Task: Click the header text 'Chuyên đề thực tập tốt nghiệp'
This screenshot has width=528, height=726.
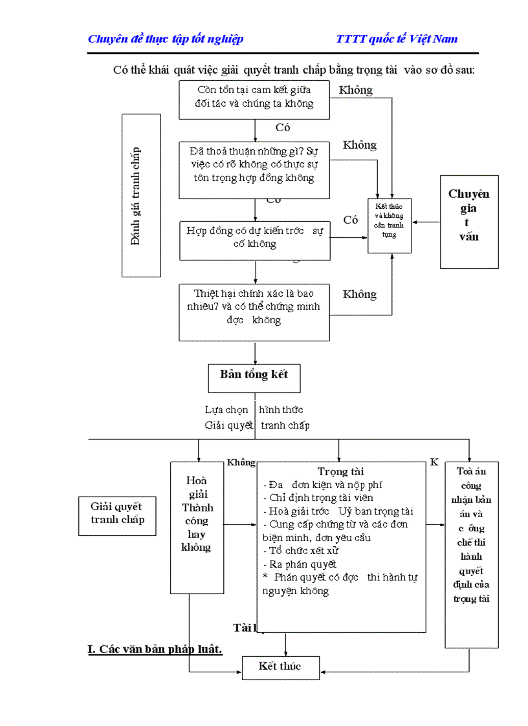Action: click(x=166, y=39)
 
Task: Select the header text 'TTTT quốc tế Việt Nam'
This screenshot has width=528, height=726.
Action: click(x=397, y=39)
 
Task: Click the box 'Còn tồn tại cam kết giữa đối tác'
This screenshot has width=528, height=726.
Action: click(x=254, y=99)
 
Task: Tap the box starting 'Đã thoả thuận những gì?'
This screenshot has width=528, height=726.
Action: click(x=254, y=169)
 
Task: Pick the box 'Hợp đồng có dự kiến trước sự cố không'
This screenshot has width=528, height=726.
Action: click(x=254, y=239)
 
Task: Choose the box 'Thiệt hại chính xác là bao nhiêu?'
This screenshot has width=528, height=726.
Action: click(x=254, y=312)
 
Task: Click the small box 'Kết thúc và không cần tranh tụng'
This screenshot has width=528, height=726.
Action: click(x=389, y=224)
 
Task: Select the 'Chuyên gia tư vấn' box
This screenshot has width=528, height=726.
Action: click(x=469, y=221)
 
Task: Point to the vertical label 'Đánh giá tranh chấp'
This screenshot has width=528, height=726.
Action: click(x=141, y=196)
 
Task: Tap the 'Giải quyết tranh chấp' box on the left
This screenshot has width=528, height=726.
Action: click(x=117, y=515)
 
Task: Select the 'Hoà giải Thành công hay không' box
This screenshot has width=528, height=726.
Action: click(x=197, y=527)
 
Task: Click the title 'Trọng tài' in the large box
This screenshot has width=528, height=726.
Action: click(x=341, y=472)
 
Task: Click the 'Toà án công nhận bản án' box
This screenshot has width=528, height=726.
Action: click(x=471, y=555)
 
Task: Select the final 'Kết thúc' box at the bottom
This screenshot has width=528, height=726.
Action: click(x=280, y=667)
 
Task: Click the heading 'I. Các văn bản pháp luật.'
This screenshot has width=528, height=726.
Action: click(x=155, y=649)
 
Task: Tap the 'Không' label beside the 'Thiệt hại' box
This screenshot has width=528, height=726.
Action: click(x=360, y=295)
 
